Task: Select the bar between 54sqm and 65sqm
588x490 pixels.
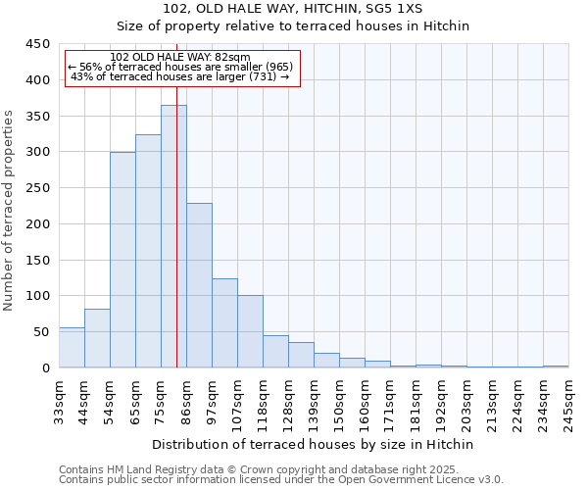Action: coord(122,260)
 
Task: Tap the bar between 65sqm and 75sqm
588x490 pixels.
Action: coord(148,251)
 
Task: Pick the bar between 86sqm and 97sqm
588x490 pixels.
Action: coord(199,285)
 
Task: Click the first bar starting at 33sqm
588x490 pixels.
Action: coord(72,348)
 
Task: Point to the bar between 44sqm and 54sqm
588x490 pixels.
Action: coord(97,338)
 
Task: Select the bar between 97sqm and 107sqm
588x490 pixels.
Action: coord(224,323)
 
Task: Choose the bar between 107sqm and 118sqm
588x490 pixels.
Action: coord(250,331)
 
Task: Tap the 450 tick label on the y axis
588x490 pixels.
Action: coord(37,44)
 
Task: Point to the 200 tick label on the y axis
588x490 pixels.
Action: coord(37,224)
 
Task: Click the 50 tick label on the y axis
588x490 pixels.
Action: coord(41,332)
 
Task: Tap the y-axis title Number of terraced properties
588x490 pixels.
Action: coord(10,211)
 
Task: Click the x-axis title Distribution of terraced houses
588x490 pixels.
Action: coord(313,444)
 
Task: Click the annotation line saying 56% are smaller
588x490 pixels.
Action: coord(180,67)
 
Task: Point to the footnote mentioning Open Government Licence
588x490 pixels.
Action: coord(281,480)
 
